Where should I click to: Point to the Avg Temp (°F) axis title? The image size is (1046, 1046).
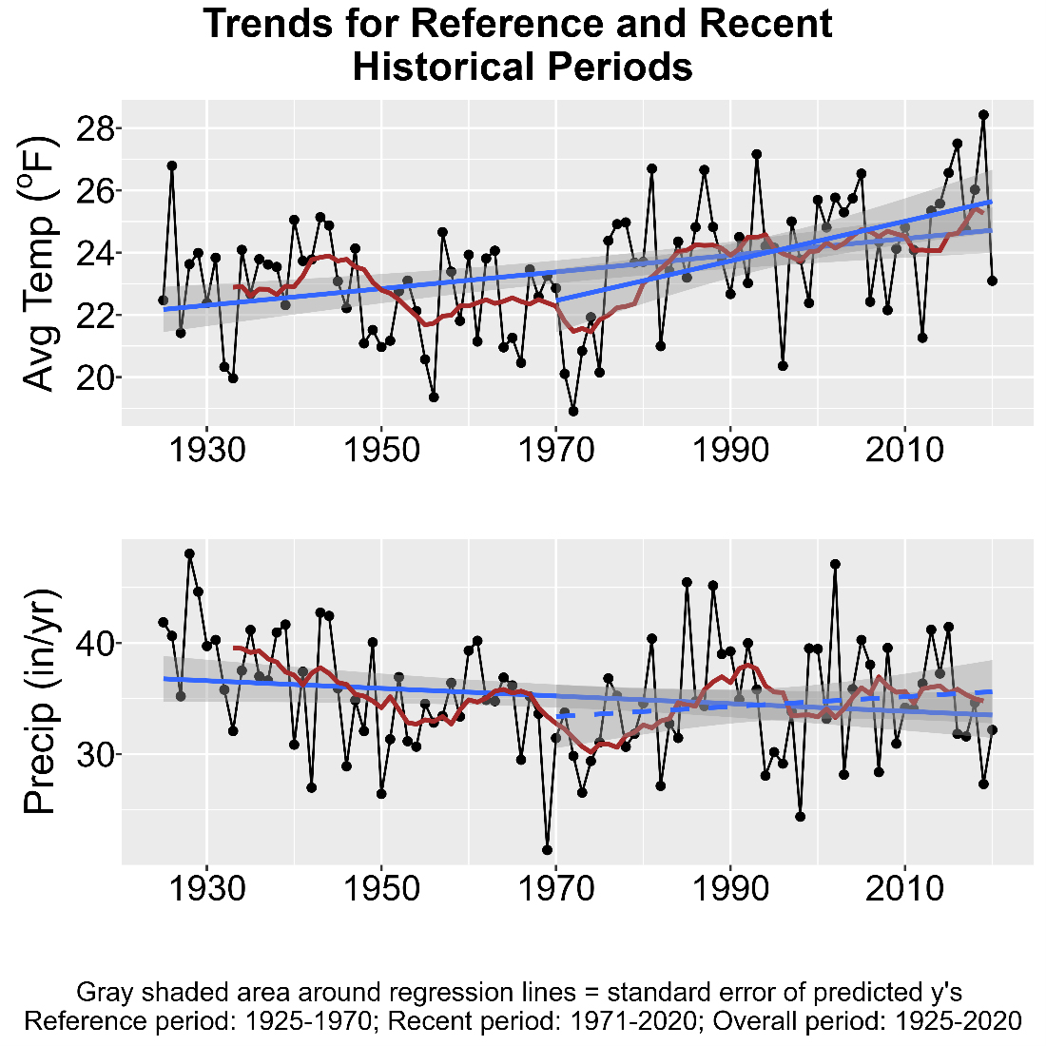pos(41,257)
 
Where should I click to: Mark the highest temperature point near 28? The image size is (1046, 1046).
pos(983,115)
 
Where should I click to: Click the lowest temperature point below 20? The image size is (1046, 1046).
pos(573,411)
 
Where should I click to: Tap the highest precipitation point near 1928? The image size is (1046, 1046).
pos(189,553)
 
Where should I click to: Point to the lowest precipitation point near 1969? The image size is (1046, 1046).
pos(547,850)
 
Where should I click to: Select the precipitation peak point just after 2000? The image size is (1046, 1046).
pos(835,564)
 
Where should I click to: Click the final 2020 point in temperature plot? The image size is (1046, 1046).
pos(992,281)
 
